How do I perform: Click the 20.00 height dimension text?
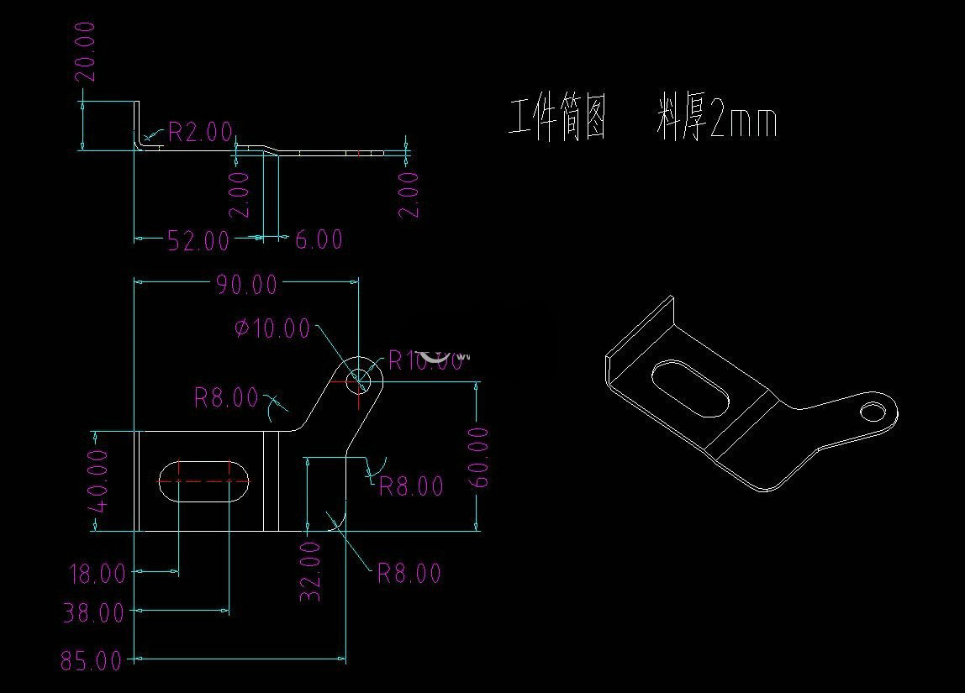click(x=86, y=51)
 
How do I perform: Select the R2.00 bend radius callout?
click(x=200, y=131)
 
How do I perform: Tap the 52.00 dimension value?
click(x=198, y=241)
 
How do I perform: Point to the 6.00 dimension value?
click(x=319, y=240)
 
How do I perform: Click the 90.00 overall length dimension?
click(x=245, y=285)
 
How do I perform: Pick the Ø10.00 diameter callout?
click(x=272, y=328)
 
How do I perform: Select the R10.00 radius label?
click(x=425, y=361)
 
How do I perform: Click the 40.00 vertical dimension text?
click(x=98, y=480)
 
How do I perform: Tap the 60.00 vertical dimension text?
click(x=477, y=457)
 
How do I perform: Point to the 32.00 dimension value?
click(x=310, y=570)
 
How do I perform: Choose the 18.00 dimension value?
click(x=97, y=575)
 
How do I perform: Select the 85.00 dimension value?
click(x=91, y=661)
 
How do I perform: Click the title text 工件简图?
click(x=558, y=119)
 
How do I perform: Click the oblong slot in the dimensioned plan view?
click(x=203, y=480)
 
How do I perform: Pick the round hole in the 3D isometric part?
click(x=874, y=411)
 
